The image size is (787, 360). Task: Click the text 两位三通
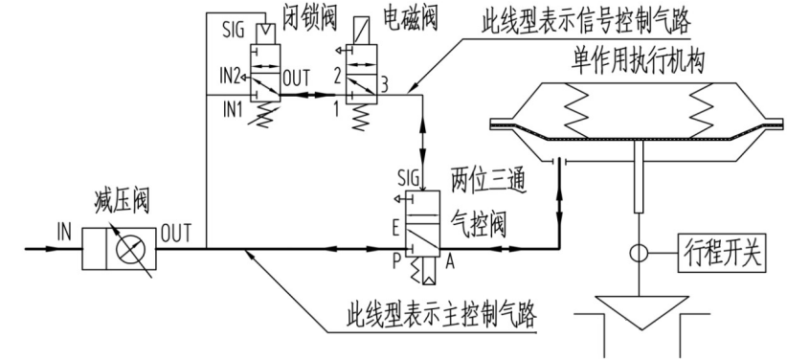coord(484,180)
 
